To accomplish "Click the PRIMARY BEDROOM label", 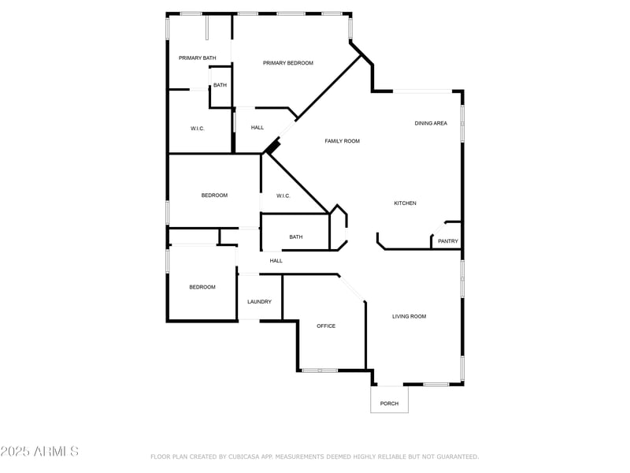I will tap(288, 63).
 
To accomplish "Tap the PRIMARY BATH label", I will tap(197, 58).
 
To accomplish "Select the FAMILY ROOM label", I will tap(343, 141).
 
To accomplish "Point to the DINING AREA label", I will tap(431, 123).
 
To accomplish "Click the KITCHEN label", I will tap(405, 203).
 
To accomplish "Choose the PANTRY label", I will tap(448, 241).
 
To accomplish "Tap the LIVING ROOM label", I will tap(409, 316).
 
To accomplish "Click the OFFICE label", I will tap(326, 326).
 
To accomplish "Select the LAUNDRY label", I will tap(259, 302).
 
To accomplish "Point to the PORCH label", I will tap(389, 404).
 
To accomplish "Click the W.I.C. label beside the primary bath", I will tap(198, 128).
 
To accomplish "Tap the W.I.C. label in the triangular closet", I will tap(283, 196).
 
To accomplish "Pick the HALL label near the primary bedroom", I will tap(258, 128).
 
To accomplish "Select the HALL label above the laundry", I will tap(276, 261).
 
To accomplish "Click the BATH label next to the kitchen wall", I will tap(296, 236).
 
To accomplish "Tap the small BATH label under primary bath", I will tap(220, 85).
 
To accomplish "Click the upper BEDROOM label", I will tap(214, 196).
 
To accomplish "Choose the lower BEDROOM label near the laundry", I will tap(202, 287).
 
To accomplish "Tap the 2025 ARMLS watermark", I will tap(39, 452).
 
